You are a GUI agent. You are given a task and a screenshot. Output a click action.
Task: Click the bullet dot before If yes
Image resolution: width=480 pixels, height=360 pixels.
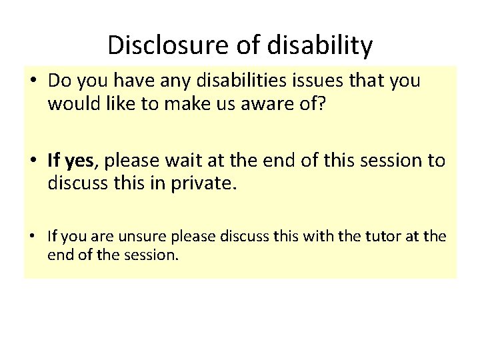click(x=34, y=161)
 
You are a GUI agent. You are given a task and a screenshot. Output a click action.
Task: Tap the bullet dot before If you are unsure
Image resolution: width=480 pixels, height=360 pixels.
click(x=34, y=236)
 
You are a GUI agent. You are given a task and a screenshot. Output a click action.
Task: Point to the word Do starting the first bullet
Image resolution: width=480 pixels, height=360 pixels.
click(x=59, y=81)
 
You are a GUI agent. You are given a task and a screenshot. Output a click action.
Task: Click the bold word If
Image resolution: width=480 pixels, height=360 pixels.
click(x=54, y=160)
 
